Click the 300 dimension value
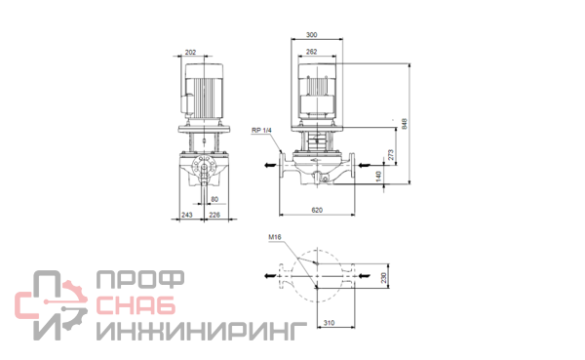coord(312,35)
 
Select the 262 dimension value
coord(312,52)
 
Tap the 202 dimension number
coord(190,53)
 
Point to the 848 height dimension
coord(405,124)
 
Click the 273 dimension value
coord(391,154)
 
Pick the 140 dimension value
coord(378,177)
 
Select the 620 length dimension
coord(317,210)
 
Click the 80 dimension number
coord(214,199)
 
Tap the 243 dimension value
coord(187,215)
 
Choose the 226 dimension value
coord(214,215)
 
